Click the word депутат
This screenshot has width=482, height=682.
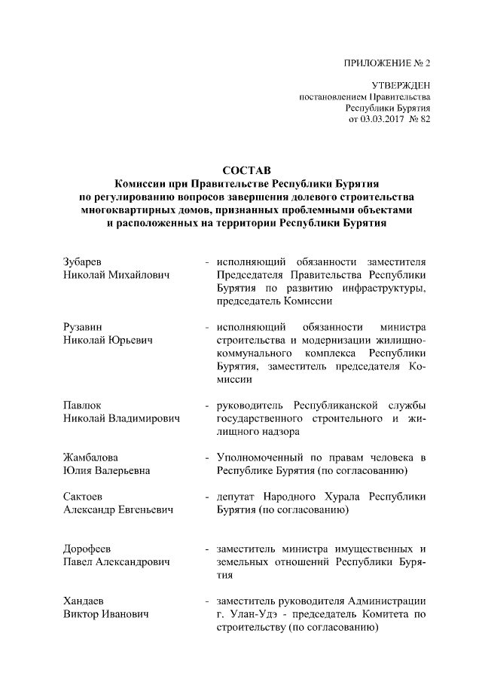236,497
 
